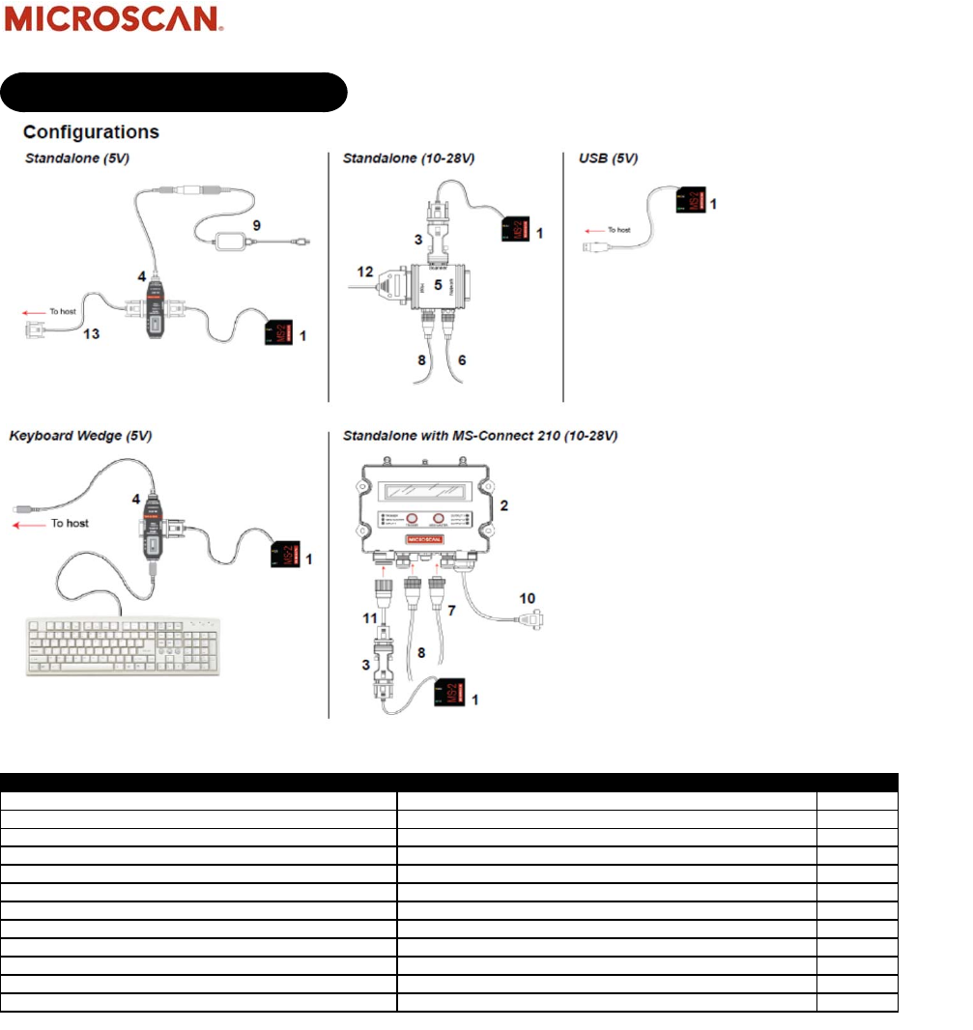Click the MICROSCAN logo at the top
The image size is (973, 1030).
pos(115,19)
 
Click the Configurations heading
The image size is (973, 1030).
pos(91,131)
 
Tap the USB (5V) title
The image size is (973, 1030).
pos(606,157)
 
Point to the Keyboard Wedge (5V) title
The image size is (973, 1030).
pos(80,436)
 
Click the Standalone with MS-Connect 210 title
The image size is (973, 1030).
pos(480,436)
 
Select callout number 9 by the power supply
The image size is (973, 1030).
pos(256,225)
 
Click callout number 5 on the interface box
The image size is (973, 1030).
pos(437,286)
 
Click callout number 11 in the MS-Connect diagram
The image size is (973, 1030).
pos(368,615)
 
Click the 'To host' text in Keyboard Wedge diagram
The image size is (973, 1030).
pos(70,523)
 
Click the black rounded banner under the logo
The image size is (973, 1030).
pos(174,92)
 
